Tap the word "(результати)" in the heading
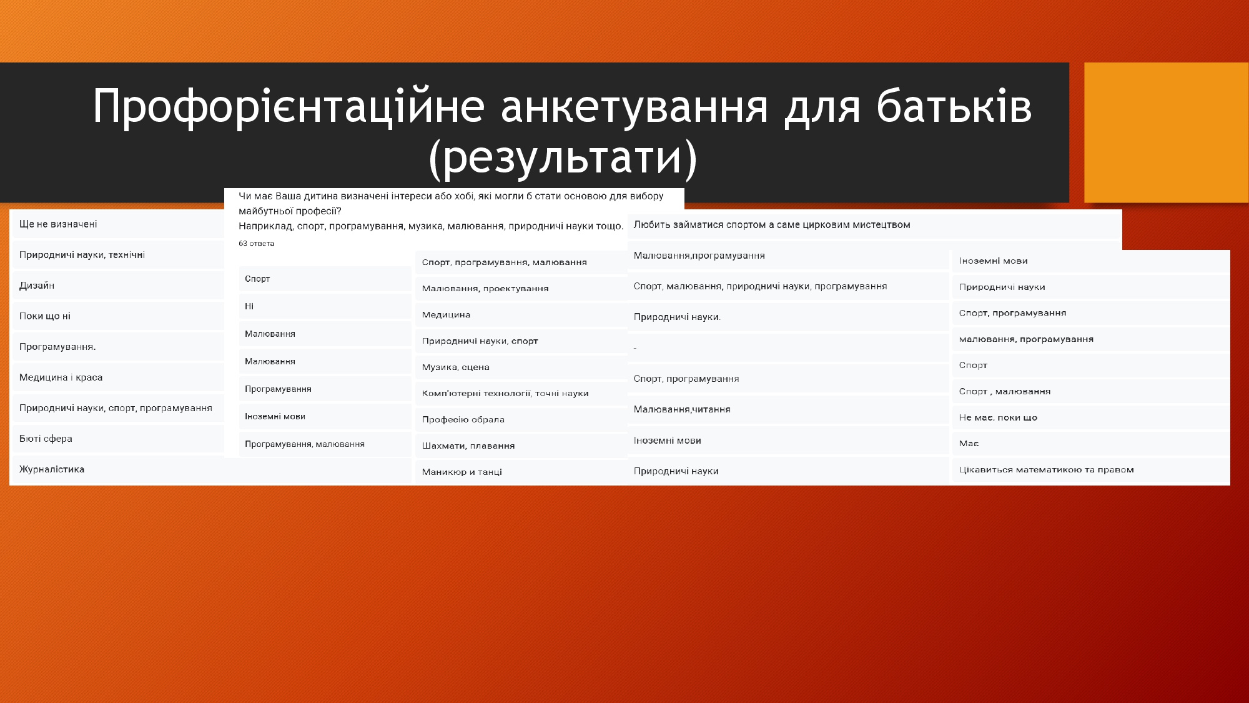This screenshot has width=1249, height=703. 563,157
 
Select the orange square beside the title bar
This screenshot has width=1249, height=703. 1166,132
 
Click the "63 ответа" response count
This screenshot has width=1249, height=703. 256,244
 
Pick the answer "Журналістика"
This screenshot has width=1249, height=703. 52,469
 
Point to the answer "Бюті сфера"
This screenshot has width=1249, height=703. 46,439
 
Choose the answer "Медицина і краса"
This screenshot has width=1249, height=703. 61,377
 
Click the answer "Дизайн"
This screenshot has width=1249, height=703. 37,286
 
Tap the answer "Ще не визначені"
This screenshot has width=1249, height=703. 58,224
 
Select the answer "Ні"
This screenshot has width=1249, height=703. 249,306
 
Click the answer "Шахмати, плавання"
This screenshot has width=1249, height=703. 468,446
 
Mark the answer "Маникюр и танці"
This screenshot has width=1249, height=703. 462,472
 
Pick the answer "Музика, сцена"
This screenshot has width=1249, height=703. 456,367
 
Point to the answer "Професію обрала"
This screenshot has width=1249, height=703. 463,419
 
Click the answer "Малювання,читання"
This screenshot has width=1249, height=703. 682,409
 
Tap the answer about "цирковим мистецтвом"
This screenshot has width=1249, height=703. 772,225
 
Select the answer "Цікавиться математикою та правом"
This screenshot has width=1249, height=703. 1047,469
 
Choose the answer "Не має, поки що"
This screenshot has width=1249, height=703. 998,417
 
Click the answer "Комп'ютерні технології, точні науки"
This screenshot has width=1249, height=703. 505,393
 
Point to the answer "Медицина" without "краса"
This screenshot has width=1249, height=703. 446,314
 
